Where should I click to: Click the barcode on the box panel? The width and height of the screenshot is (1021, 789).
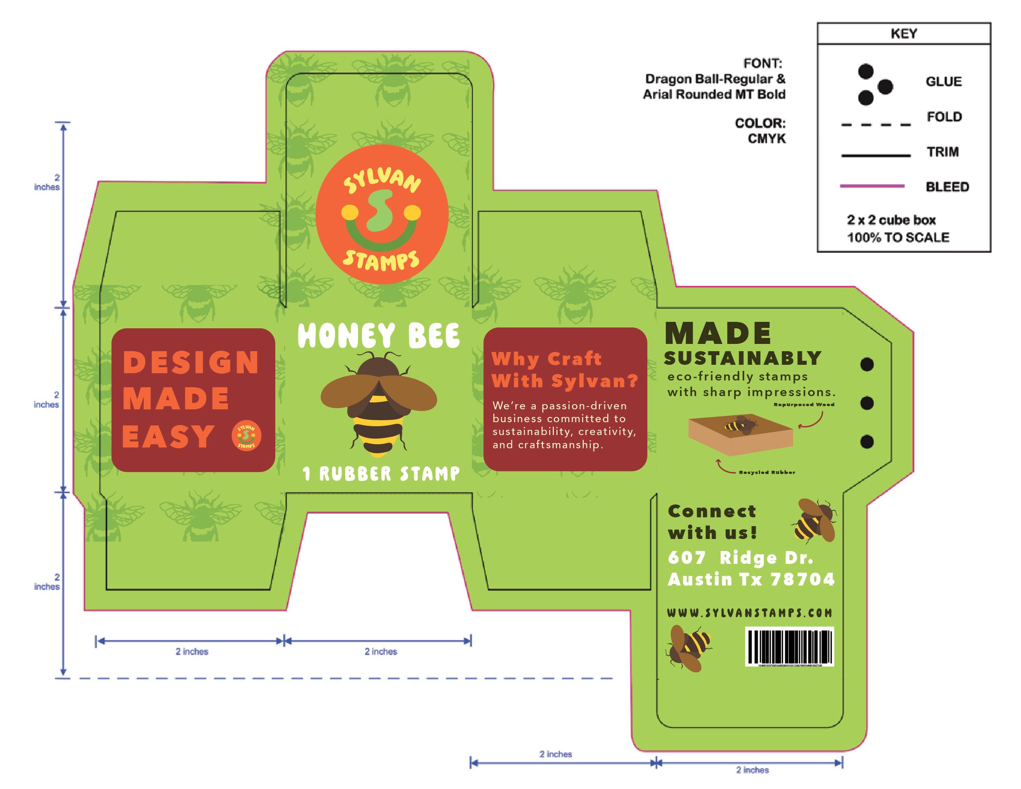pos(789,647)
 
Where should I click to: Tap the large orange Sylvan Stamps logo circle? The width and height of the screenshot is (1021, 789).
pos(382,214)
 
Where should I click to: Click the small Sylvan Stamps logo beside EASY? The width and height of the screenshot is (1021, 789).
pos(246,436)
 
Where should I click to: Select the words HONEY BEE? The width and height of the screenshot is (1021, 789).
pos(379,336)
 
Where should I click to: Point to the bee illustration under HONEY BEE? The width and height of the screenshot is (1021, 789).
pos(379,403)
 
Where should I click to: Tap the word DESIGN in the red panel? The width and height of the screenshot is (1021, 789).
pos(191,362)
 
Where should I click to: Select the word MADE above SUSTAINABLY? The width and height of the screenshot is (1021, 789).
pos(718,333)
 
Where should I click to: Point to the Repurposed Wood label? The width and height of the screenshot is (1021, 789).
pos(804,404)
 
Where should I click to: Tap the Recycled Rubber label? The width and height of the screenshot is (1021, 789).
pos(767,472)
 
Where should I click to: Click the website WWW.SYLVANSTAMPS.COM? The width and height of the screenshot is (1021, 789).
pos(749,613)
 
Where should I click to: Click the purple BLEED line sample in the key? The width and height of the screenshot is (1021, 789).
pos(872,186)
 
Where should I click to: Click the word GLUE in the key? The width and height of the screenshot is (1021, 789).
pos(943,82)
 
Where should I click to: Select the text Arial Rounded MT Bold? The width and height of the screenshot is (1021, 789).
pos(714,94)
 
